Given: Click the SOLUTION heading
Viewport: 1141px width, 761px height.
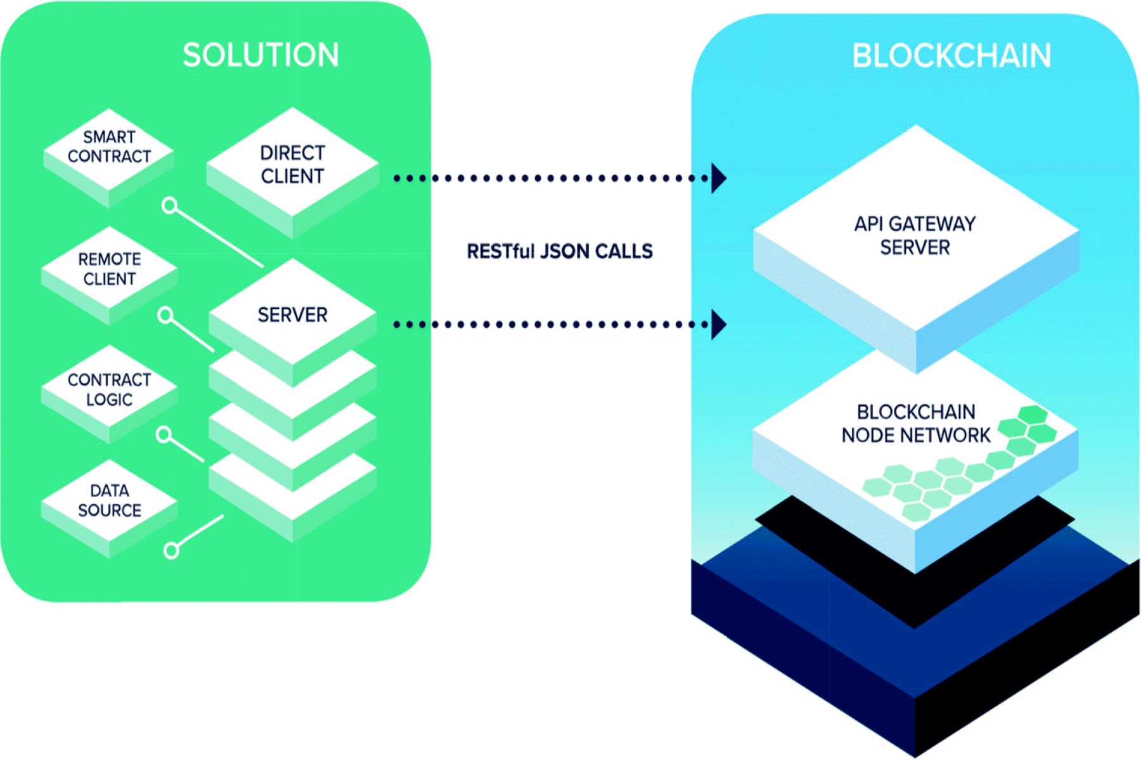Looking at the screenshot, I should (x=261, y=55).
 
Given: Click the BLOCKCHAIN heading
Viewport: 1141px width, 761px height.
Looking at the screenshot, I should (x=951, y=56).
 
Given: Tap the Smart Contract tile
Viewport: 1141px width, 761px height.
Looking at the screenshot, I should (x=109, y=147).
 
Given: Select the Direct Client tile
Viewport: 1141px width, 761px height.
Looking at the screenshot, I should (x=292, y=165).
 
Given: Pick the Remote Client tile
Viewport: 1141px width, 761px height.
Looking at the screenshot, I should (x=109, y=270).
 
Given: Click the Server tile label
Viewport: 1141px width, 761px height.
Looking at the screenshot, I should (x=292, y=315).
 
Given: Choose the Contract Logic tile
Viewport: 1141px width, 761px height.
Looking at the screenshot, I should (x=109, y=389).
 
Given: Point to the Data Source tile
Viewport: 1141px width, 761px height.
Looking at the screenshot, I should (x=109, y=500).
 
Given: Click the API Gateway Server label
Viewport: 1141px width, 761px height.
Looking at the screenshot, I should (x=915, y=235).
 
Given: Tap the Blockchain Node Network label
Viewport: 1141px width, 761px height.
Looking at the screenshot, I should (x=916, y=424).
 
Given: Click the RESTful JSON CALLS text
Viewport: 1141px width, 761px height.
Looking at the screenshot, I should (x=559, y=252).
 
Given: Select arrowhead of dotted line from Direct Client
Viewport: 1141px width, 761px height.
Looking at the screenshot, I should (x=718, y=178).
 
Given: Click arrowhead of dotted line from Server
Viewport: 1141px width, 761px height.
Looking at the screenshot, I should (x=718, y=325).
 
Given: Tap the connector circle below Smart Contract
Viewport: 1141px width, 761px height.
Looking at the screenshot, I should (x=169, y=205).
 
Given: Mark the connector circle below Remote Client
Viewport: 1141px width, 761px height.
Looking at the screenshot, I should (x=165, y=315).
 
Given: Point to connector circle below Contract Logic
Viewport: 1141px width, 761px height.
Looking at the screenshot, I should (x=164, y=434).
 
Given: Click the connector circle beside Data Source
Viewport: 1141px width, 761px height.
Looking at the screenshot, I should (x=171, y=550).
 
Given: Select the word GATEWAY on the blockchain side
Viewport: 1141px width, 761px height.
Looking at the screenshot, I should (x=932, y=224).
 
